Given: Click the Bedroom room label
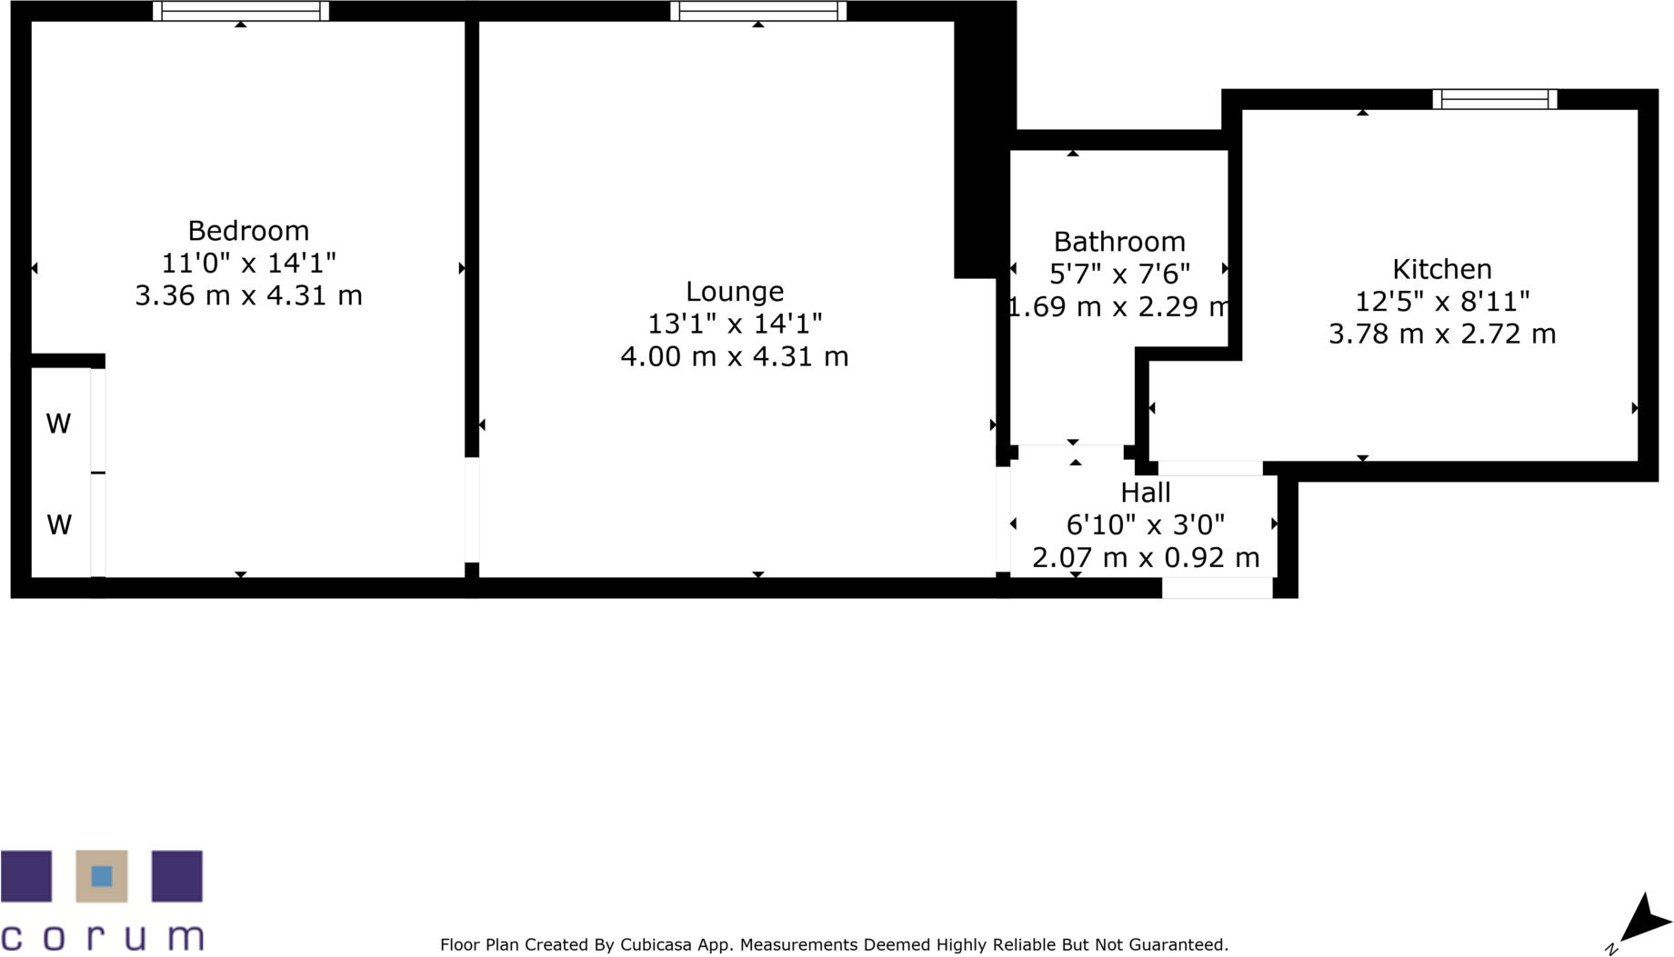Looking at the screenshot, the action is tap(248, 232).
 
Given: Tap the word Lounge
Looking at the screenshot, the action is tap(735, 293).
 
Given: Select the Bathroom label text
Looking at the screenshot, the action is tap(1119, 242).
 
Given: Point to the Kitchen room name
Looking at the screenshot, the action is tap(1442, 269).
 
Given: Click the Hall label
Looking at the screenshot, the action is tap(1146, 493).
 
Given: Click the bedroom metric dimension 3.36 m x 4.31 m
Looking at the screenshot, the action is tap(248, 296).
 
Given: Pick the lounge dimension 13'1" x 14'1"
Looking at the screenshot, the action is tap(735, 324).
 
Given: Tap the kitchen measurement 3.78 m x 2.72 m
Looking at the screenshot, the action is tap(1442, 334).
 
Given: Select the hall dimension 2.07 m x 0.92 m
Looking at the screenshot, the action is tap(1146, 558).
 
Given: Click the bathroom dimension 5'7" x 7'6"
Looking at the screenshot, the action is tap(1119, 274).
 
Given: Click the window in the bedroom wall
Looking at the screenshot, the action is tap(241, 11).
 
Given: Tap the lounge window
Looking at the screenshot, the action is tap(758, 11).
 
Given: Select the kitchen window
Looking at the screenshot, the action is tap(1495, 99).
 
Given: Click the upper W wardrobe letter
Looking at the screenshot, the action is tap(59, 424).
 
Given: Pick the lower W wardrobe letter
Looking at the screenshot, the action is tap(59, 525).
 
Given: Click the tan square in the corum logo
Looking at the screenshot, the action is tap(102, 876).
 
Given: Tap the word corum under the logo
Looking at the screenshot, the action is tap(102, 937).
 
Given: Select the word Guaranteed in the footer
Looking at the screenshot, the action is tap(1178, 945).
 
